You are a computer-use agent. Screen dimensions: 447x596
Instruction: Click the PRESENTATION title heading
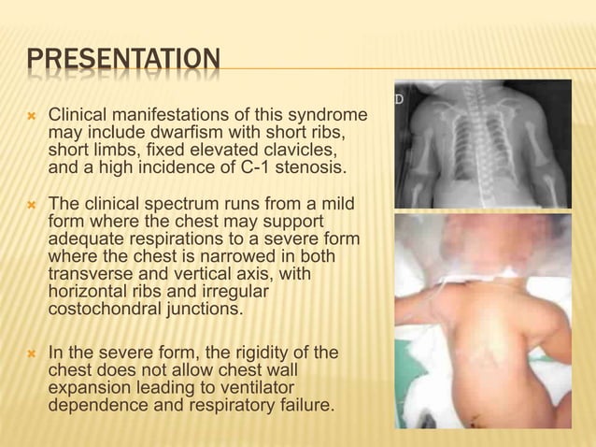(124, 62)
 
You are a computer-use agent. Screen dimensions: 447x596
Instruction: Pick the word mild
(338, 204)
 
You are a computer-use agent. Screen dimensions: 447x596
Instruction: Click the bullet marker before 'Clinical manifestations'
(32, 115)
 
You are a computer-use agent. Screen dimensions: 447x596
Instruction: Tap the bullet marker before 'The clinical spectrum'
(32, 204)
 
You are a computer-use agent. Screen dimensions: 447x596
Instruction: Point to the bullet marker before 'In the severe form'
(32, 353)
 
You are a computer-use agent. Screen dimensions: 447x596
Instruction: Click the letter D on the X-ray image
(399, 97)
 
